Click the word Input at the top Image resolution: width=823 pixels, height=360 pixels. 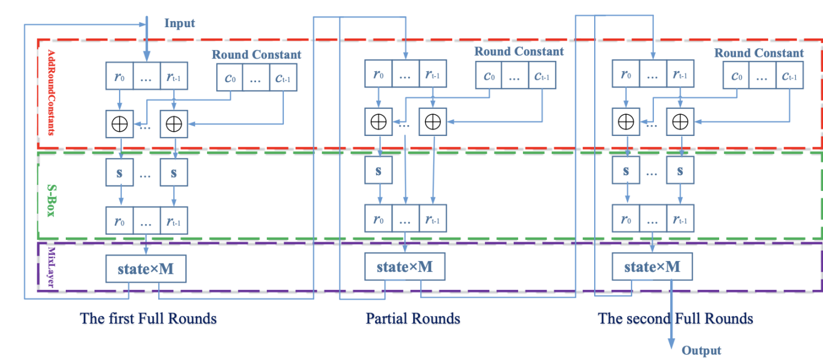pos(179,24)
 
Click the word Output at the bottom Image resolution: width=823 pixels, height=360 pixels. pos(701,350)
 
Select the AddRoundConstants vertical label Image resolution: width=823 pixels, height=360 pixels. pos(50,92)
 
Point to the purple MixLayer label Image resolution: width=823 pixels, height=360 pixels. pos(50,265)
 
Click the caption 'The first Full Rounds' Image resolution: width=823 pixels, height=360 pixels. pos(148,318)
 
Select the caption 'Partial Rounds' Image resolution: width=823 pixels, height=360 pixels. pos(413,318)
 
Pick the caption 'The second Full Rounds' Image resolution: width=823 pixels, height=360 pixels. pos(676,318)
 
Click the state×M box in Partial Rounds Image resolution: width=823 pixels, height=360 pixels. pos(405,266)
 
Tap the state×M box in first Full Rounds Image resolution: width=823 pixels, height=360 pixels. pos(146,269)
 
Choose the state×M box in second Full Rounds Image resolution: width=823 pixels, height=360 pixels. pos(652,266)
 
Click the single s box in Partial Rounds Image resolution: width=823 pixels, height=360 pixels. pos(379,171)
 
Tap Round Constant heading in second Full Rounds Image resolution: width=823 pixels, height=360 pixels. pos(759,53)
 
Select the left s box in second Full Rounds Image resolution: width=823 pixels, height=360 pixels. pos(626,172)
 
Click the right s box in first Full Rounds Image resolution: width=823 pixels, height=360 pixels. pos(174,173)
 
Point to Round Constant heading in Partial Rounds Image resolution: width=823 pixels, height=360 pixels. pos(519,51)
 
